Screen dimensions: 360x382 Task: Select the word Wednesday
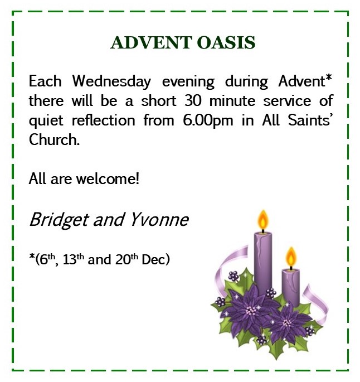tap(111, 81)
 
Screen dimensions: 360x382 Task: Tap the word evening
tap(188, 82)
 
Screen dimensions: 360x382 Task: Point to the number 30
tap(193, 100)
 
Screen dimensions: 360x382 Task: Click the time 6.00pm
tap(208, 120)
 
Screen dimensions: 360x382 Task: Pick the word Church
tap(54, 139)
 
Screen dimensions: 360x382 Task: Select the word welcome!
tap(108, 178)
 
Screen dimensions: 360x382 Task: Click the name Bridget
tap(59, 220)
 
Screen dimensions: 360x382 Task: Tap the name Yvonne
tap(159, 220)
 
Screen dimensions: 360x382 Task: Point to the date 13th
tap(73, 259)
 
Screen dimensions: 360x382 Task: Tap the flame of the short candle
tap(291, 257)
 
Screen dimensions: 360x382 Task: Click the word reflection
tap(103, 120)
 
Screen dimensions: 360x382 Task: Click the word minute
tap(232, 101)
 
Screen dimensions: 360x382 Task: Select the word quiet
tap(46, 121)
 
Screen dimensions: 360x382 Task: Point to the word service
tap(287, 101)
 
